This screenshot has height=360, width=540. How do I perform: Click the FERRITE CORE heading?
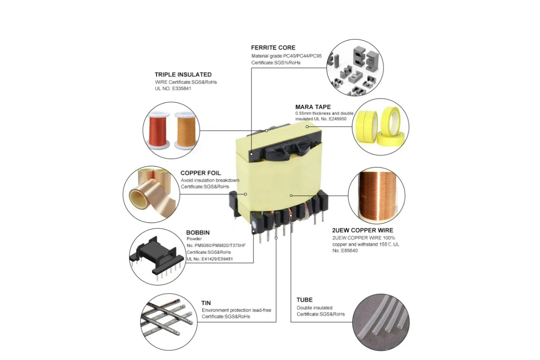pos(273,47)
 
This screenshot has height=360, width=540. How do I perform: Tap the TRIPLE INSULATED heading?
pos(183,75)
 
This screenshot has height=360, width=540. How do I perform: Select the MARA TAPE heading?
pos(313,107)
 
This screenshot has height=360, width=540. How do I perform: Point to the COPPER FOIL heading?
pos(200,173)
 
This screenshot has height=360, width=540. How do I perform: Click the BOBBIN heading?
pos(198,232)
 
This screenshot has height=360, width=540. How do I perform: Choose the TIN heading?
pos(206,303)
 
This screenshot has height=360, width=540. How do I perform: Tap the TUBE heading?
pos(304,300)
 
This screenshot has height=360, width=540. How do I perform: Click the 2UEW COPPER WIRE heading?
pos(362,230)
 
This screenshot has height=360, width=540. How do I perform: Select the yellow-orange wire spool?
pos(185,130)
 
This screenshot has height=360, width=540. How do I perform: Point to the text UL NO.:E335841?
pos(173,89)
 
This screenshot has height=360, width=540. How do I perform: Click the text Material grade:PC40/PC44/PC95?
pos(287,56)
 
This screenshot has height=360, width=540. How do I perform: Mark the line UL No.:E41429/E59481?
pos(210,259)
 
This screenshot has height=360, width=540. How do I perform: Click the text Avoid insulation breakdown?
pos(210,180)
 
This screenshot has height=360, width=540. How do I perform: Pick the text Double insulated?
pos(315,308)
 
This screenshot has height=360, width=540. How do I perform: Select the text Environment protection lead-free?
pos(237,310)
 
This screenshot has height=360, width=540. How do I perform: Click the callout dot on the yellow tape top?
pos(307,127)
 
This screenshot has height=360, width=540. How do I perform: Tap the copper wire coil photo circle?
pos(376,195)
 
